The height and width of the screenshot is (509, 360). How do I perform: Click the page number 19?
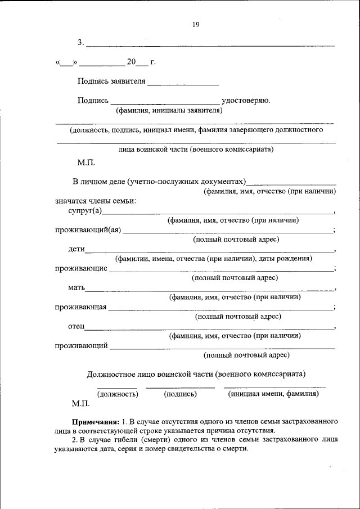point(196,24)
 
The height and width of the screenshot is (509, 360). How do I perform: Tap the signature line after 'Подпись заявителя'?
point(183,84)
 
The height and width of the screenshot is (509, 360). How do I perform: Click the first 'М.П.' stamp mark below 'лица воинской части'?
point(86,163)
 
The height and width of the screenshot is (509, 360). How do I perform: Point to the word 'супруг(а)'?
point(85,211)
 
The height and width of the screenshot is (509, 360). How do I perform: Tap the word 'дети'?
point(76,249)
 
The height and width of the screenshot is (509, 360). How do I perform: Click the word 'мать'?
point(76,288)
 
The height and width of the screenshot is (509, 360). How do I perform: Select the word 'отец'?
point(76,326)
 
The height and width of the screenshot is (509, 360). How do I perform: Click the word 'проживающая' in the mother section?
point(80,307)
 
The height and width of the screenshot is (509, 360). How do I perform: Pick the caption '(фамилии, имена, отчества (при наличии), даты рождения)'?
point(213,259)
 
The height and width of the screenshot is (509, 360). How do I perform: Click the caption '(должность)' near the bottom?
point(118,394)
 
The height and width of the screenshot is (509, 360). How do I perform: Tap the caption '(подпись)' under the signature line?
point(180,394)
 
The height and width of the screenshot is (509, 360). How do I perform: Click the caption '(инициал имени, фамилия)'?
point(273,394)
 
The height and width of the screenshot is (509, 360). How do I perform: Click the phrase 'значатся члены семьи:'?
point(96,200)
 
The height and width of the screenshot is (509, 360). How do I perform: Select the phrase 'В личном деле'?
point(99,182)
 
